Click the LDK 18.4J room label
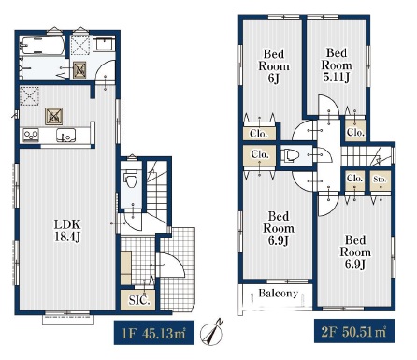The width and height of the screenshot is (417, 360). point(67,231)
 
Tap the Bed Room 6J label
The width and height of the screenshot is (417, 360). point(274,66)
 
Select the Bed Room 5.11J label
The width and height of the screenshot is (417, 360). point(337,65)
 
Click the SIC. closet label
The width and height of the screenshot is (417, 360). point(139,300)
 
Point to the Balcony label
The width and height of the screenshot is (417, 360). point(278,294)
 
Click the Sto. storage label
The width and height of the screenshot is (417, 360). point(380,180)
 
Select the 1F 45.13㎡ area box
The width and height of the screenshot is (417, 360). point(154,332)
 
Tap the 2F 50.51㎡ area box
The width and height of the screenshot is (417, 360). point(354,331)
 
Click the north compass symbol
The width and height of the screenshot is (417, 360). point(211,333)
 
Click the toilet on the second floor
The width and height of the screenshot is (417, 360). point(290,155)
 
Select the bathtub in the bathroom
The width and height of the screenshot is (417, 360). point(42,46)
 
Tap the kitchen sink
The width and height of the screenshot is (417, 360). point(65,136)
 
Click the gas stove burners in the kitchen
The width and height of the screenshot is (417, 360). point(31,136)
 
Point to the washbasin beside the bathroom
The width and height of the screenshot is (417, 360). point(105,44)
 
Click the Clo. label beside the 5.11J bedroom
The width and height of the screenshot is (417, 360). point(355,132)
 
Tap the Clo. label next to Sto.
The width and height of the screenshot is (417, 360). point(354,179)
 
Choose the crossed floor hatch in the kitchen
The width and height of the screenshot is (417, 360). point(53,116)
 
